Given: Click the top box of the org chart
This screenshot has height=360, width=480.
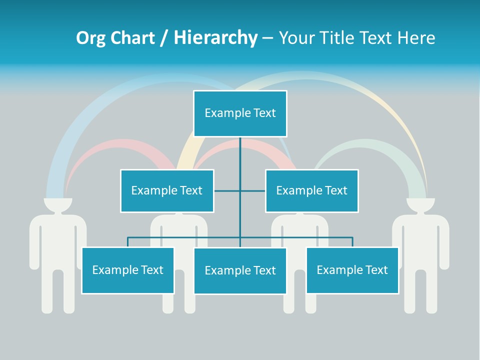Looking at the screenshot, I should coord(240,113).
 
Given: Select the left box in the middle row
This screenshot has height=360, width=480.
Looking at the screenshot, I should coord(166,190).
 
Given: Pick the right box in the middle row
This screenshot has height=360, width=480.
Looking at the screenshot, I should coord(311,190).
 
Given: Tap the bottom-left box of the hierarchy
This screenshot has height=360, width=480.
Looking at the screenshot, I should coord(127,270).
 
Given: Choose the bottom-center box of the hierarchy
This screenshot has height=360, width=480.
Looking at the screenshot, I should coord(240,270).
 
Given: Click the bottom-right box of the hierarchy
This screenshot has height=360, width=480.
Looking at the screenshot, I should coord(352,270).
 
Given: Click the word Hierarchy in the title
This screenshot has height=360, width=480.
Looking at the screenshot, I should coord(215,38).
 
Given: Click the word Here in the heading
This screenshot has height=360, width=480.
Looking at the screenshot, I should coord(416,38).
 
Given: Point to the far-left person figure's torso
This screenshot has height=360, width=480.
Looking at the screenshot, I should coord(57,240).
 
